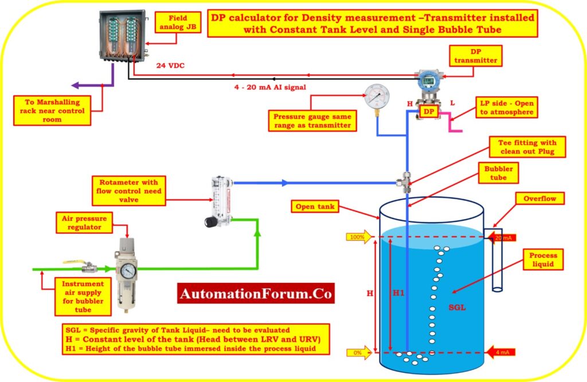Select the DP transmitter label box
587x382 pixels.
coord(473,56)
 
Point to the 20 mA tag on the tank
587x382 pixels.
coord(502,237)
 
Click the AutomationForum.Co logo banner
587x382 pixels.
coord(256,294)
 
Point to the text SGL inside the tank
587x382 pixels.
coord(457,308)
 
